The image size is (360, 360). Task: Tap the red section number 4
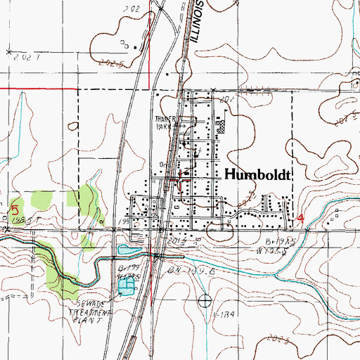click(x=302, y=219)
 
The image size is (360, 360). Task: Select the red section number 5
click(x=15, y=210)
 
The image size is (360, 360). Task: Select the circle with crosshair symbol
click(x=205, y=302)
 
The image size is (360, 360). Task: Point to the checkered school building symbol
click(x=222, y=127)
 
